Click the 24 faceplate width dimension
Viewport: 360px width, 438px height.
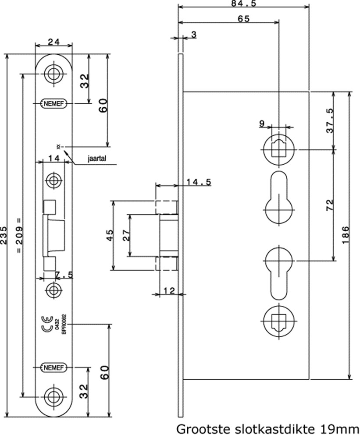[53, 42]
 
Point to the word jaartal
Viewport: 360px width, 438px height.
[98, 159]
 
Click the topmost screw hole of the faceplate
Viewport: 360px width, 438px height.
[53, 74]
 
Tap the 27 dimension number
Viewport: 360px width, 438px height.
[125, 235]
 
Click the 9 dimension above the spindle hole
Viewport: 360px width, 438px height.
[262, 124]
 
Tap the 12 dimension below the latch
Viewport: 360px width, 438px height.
[169, 290]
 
